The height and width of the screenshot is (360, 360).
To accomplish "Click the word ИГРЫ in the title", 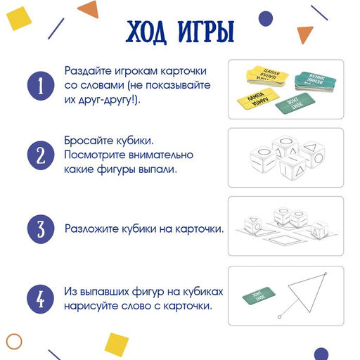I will pyautogui.click(x=207, y=32).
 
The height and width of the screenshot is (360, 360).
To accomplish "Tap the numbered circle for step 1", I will pyautogui.click(x=41, y=86).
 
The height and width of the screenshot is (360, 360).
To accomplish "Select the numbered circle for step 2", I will pyautogui.click(x=41, y=155).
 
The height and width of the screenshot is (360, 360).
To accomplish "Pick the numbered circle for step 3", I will pyautogui.click(x=41, y=229).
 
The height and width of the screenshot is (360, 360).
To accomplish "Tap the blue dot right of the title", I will pyautogui.click(x=264, y=17).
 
